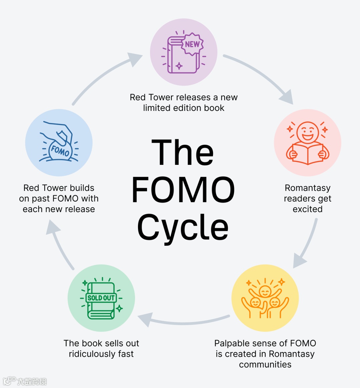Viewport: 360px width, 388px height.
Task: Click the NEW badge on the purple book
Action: [x=192, y=44]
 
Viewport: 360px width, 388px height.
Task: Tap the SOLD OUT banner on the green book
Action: [x=101, y=298]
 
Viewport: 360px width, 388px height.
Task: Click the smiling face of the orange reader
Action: [x=307, y=132]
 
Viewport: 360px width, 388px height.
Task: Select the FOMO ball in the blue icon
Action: [x=60, y=151]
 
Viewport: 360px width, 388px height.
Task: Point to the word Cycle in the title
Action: [x=183, y=228]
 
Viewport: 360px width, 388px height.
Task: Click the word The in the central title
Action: [x=182, y=153]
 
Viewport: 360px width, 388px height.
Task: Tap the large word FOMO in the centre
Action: [x=183, y=190]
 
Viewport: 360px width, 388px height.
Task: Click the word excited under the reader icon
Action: [x=307, y=209]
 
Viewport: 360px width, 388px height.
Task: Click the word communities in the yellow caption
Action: [x=265, y=364]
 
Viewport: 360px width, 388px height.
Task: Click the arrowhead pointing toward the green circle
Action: [x=146, y=319]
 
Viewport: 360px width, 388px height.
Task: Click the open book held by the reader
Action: [x=307, y=154]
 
